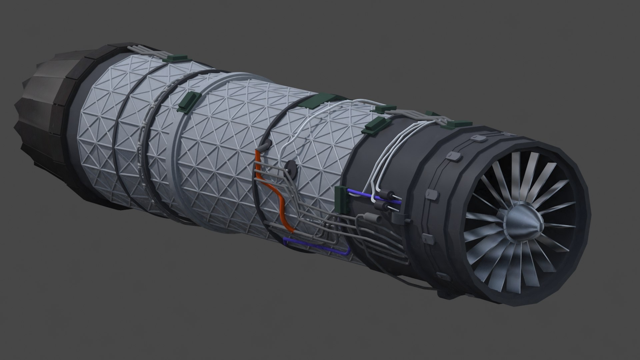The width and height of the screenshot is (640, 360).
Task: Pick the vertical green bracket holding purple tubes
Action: click(x=341, y=199)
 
